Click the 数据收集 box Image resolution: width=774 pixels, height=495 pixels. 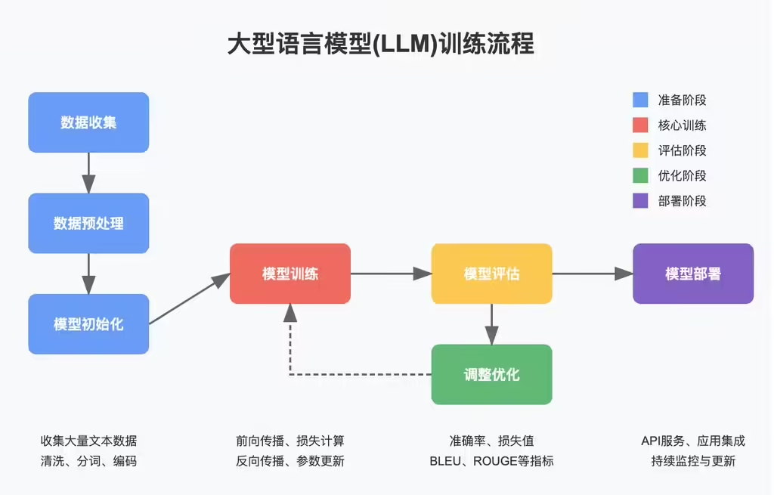click(x=88, y=122)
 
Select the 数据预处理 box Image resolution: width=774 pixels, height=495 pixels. click(x=88, y=223)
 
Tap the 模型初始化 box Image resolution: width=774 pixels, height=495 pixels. click(x=88, y=324)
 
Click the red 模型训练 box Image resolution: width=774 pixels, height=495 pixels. click(x=290, y=274)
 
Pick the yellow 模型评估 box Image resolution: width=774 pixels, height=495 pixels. click(x=491, y=274)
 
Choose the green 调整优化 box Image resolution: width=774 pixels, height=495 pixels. click(x=491, y=374)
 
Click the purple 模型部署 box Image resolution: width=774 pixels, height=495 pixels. click(x=692, y=274)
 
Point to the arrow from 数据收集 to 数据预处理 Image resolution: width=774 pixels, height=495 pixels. click(x=88, y=172)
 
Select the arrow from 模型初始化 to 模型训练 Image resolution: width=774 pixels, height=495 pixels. click(x=189, y=299)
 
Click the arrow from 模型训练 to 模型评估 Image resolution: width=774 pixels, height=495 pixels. click(x=390, y=274)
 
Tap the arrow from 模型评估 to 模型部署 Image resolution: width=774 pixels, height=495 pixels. click(x=592, y=274)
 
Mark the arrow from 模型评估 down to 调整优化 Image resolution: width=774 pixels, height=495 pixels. click(x=491, y=323)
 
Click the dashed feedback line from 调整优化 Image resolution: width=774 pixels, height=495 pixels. click(x=355, y=374)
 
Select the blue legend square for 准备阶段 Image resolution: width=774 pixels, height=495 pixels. click(x=640, y=100)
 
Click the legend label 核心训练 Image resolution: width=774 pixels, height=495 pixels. click(x=682, y=125)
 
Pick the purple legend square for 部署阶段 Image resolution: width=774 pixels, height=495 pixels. click(x=640, y=201)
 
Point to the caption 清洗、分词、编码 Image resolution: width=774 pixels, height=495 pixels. click(x=88, y=461)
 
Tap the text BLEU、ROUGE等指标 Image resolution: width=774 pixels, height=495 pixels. click(x=491, y=461)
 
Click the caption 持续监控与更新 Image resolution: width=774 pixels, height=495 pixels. click(x=692, y=461)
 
